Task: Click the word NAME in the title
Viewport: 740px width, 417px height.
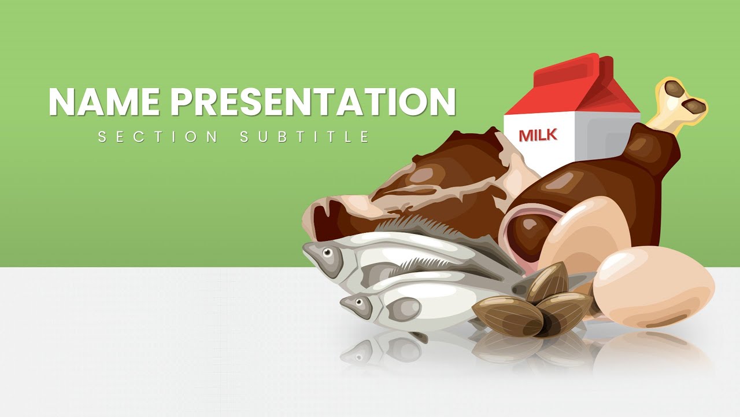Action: pyautogui.click(x=105, y=102)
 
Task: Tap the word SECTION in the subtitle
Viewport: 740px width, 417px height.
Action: pyautogui.click(x=158, y=137)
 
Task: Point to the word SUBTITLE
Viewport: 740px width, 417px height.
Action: pyautogui.click(x=305, y=137)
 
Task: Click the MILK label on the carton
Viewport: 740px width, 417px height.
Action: pyautogui.click(x=538, y=135)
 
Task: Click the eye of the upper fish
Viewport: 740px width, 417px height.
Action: pyautogui.click(x=328, y=252)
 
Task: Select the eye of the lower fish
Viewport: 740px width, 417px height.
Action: pyautogui.click(x=361, y=302)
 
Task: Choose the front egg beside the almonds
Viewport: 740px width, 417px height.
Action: pyautogui.click(x=653, y=287)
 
